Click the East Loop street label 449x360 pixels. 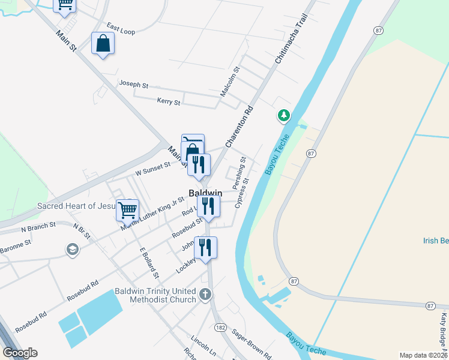[121, 28]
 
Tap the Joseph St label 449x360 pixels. [133, 85]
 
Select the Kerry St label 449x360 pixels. [168, 101]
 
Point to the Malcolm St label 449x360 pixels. [230, 82]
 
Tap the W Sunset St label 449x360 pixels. [153, 169]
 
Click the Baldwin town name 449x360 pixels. [205, 193]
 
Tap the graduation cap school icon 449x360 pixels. [73, 250]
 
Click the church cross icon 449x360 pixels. [205, 294]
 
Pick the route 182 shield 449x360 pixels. [220, 327]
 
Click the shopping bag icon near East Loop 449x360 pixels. [103, 43]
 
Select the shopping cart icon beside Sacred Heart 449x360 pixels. [128, 210]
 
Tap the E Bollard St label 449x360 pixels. [149, 264]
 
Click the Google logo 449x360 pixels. [20, 352]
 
